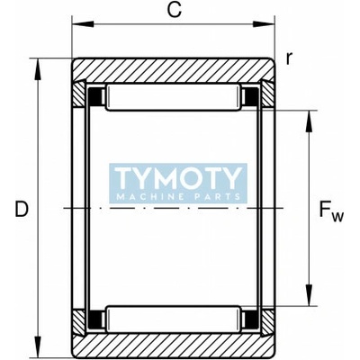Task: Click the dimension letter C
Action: [175, 10]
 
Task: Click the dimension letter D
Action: [22, 209]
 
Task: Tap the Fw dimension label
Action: [331, 211]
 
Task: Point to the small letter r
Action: [289, 58]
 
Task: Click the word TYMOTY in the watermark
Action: [178, 178]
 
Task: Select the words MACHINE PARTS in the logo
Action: [178, 197]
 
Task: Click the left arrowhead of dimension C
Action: [83, 24]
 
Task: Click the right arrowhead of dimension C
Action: [264, 24]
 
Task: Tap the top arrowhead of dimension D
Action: [38, 69]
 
